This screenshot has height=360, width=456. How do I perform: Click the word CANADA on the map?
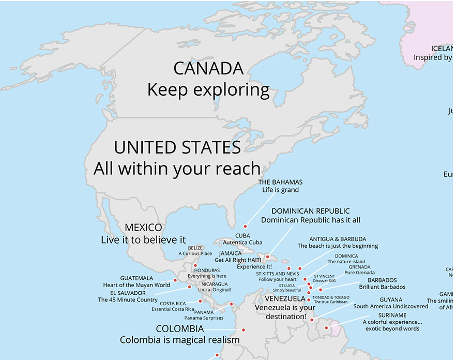[208, 68]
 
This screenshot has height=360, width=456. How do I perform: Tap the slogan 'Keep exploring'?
[208, 90]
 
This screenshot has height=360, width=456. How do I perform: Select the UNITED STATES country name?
[177, 147]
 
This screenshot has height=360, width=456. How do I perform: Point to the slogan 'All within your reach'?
[177, 169]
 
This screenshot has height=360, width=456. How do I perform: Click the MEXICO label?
[143, 228]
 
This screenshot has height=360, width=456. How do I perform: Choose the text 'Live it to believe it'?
[143, 240]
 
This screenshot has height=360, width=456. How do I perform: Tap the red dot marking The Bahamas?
[245, 226]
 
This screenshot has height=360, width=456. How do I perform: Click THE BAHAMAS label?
[280, 182]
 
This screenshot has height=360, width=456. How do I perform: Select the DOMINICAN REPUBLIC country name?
[310, 211]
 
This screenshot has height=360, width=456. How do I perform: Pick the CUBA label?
[242, 236]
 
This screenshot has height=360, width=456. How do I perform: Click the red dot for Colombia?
[243, 329]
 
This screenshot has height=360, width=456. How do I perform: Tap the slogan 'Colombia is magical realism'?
[180, 340]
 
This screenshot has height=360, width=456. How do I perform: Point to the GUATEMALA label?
[136, 278]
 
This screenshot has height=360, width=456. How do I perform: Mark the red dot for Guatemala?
[175, 280]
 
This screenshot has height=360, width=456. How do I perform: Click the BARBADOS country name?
[382, 280]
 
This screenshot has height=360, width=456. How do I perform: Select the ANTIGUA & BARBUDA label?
[338, 239]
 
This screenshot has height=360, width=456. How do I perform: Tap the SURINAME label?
[392, 315]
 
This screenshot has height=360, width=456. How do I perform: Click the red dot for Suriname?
[326, 327]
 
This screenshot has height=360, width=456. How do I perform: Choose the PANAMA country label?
[204, 312]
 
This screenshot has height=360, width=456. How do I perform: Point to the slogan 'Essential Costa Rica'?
[173, 309]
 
